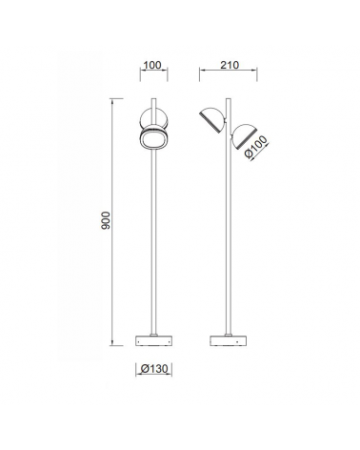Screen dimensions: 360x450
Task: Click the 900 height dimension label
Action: [x=106, y=220]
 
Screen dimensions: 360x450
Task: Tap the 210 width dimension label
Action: [x=230, y=65]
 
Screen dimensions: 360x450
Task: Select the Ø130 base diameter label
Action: [x=154, y=369]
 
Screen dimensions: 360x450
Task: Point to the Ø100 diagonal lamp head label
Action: [x=256, y=147]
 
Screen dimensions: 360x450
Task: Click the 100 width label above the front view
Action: [x=152, y=65]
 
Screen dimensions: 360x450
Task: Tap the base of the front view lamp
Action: [x=154, y=340]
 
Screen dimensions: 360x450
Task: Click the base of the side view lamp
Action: [x=229, y=340]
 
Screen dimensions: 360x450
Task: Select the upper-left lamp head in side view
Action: [x=212, y=120]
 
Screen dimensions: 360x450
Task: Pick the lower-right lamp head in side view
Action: [x=244, y=137]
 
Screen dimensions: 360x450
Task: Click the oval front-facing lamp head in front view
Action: [x=154, y=139]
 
